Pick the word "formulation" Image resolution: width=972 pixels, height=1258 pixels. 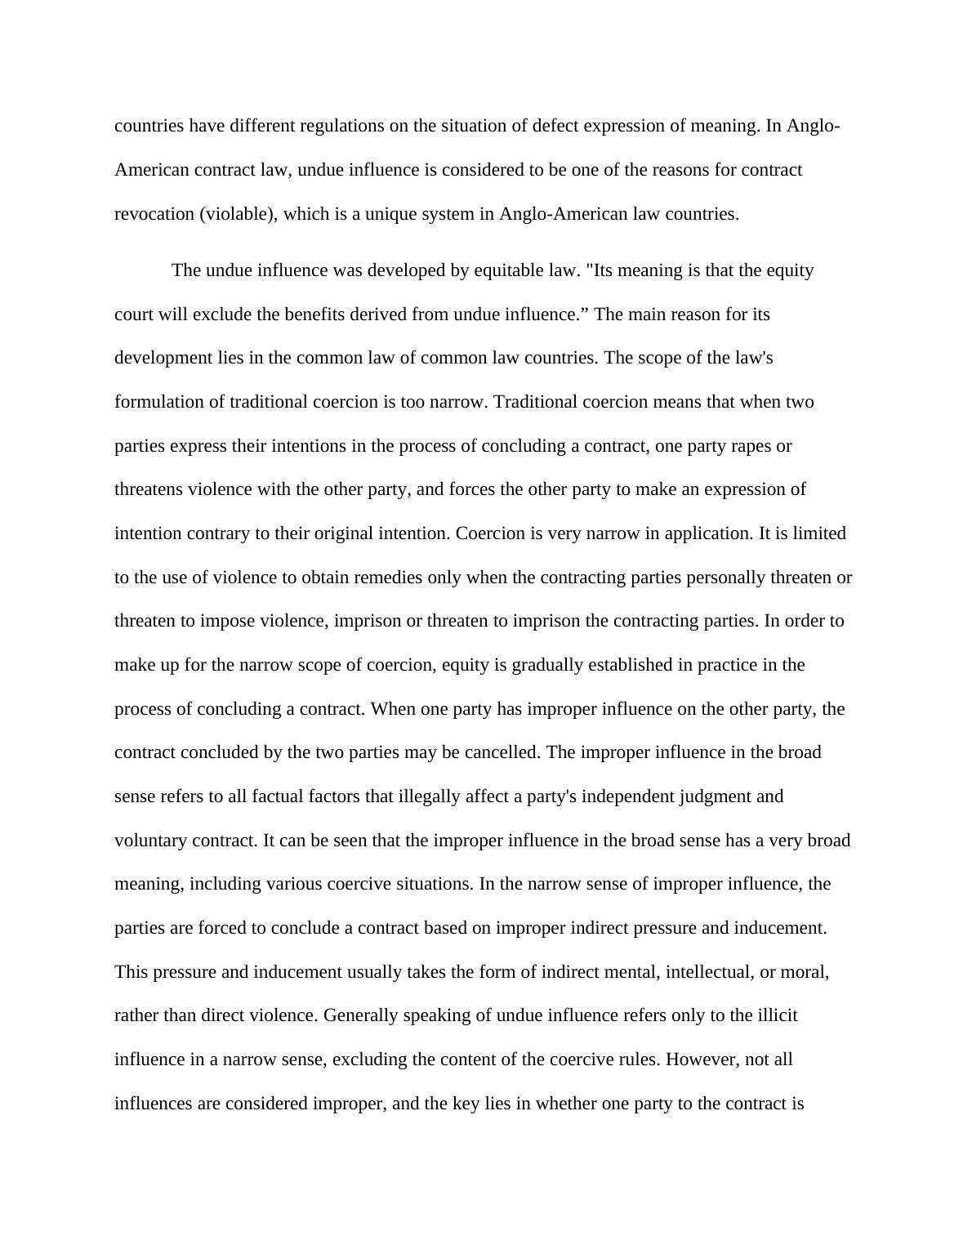pos(158,402)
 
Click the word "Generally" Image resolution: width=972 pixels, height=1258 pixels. pos(359,1015)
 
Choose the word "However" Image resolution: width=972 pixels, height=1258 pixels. pos(701,1059)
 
